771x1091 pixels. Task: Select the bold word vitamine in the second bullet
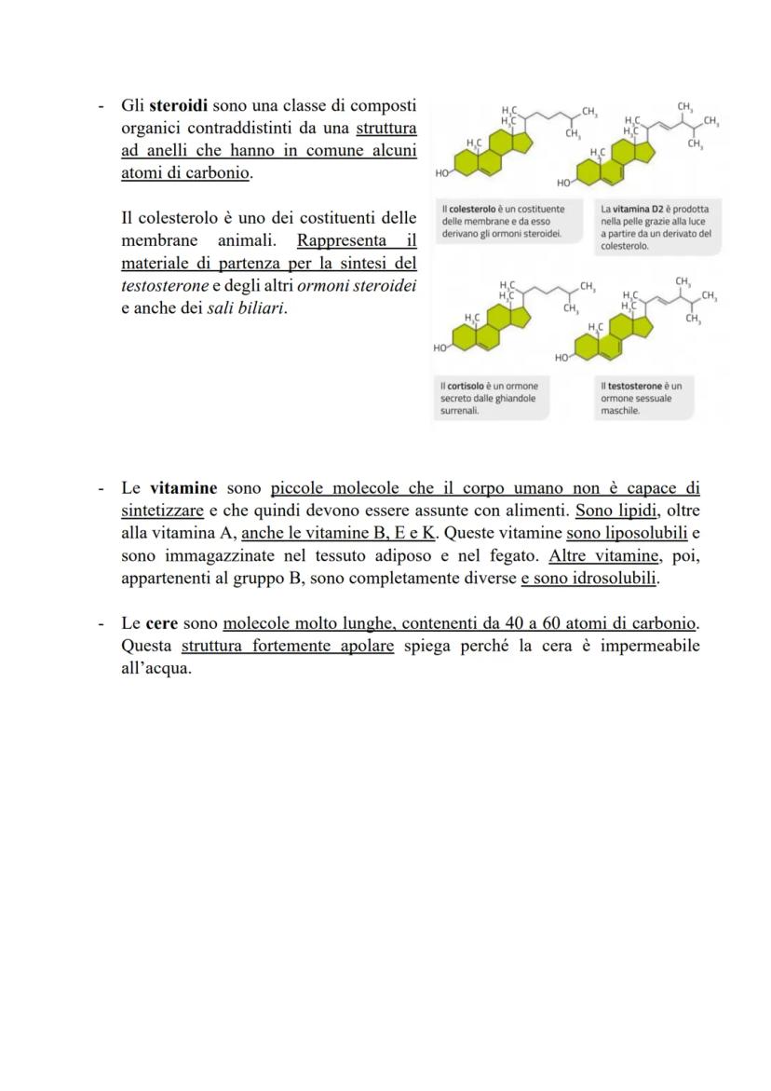(x=183, y=488)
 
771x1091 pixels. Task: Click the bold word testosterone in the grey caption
(x=638, y=386)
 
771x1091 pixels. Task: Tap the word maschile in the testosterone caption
(x=620, y=410)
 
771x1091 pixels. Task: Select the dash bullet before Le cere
(x=101, y=623)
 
